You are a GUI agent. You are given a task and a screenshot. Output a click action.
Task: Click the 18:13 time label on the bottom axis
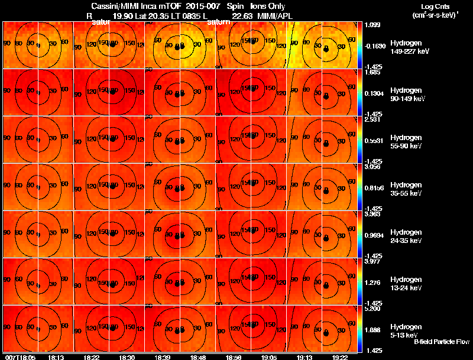(56, 357)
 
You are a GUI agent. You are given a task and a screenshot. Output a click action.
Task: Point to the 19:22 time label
(340, 357)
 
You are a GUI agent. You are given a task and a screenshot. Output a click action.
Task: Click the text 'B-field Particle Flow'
(441, 342)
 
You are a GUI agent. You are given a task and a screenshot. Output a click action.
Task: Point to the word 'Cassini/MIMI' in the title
(115, 5)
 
